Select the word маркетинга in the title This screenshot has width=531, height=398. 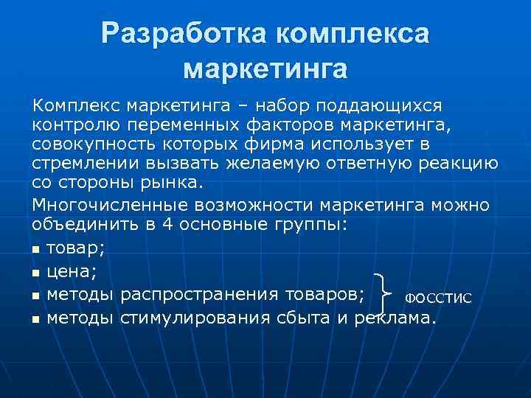tap(265, 68)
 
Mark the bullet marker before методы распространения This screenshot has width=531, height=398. tap(36, 296)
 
